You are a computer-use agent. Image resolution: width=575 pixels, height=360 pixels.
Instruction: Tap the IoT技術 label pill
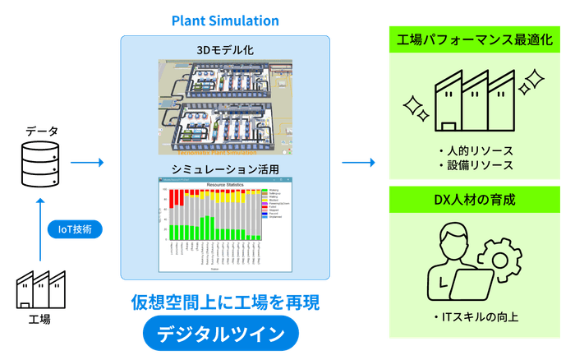tap(75, 229)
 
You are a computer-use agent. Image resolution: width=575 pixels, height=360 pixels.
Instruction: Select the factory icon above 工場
tap(40, 289)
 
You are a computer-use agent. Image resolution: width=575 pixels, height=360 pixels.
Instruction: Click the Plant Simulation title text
tap(225, 19)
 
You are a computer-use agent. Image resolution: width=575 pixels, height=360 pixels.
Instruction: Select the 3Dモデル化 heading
tap(225, 50)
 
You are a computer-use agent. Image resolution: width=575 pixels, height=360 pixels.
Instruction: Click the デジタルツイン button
tap(223, 335)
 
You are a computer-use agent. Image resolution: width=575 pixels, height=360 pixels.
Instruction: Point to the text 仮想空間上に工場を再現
tap(224, 301)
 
